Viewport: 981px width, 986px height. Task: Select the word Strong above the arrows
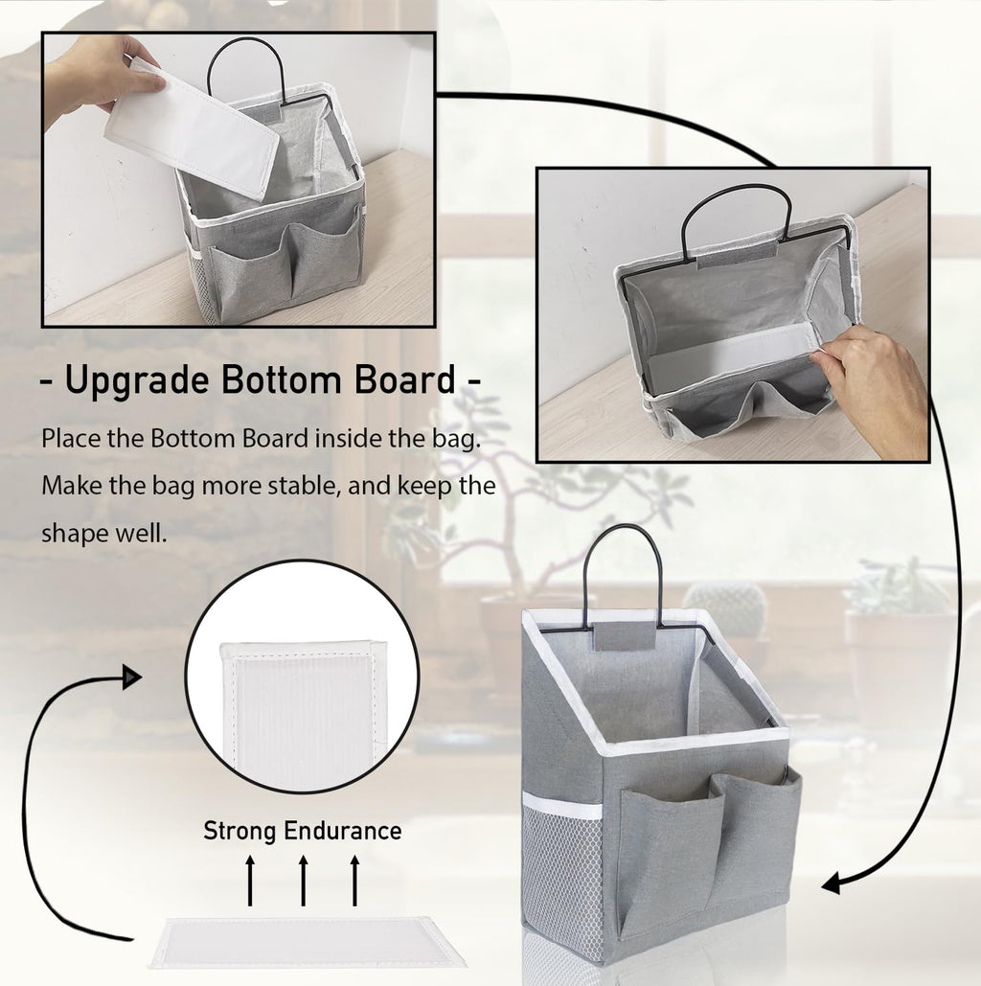(240, 830)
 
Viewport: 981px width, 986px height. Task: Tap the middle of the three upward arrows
(303, 881)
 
